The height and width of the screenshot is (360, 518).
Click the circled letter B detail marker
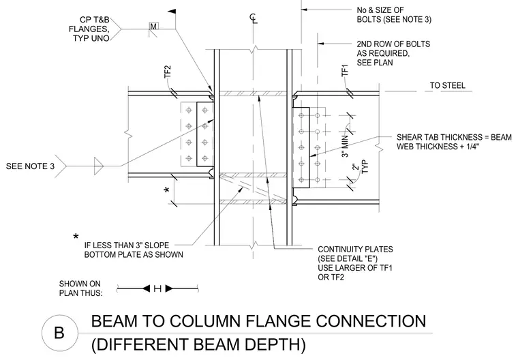point(60,333)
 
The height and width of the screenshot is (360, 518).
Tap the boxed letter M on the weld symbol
point(154,26)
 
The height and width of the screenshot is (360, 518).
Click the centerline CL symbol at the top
point(254,18)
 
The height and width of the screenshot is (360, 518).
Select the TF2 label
point(168,72)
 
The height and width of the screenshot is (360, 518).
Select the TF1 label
point(345,70)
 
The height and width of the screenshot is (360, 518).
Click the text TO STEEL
point(447,85)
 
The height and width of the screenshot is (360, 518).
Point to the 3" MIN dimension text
point(345,145)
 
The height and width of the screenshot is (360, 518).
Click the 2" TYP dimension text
point(360,166)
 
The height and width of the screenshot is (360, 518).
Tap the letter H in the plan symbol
point(157,288)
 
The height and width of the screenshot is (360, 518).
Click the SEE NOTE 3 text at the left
point(30,166)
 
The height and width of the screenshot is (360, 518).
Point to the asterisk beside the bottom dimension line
point(167,190)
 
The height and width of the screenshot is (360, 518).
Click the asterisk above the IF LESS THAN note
point(76,237)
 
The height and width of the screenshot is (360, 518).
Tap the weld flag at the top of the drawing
point(172,12)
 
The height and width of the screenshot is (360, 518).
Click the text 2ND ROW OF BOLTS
point(393,44)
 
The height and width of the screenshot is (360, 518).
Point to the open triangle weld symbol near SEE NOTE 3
point(98,166)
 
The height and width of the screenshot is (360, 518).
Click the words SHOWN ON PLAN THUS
point(80,288)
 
